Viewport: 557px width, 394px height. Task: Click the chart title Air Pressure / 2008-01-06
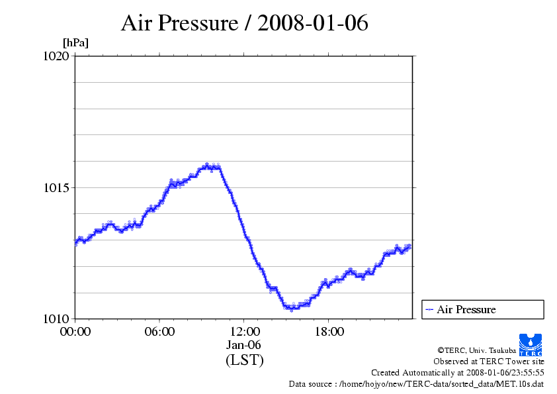[x=244, y=23]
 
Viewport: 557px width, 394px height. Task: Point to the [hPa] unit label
[x=75, y=43]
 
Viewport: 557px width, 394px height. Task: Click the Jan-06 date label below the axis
[x=244, y=345]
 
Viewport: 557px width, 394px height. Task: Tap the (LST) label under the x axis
[x=244, y=360]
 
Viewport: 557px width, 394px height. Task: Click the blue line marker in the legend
[x=429, y=309]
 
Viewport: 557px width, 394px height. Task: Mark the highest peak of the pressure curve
[x=207, y=165]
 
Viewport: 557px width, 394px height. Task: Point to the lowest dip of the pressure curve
[x=291, y=309]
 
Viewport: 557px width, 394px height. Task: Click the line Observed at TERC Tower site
[x=488, y=361]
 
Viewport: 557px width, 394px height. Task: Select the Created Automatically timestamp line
[x=457, y=372]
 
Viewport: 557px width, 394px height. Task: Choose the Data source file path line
[x=416, y=383]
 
